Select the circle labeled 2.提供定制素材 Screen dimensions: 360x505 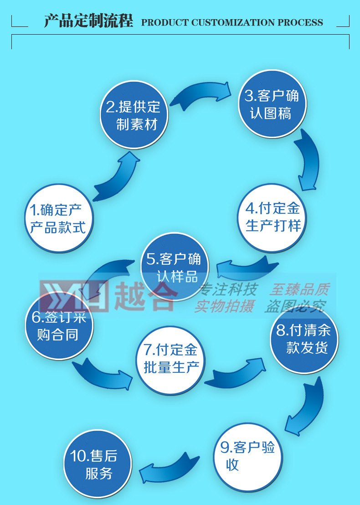(134, 114)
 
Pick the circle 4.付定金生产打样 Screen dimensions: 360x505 (273, 217)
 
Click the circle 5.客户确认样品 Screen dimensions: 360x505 (174, 267)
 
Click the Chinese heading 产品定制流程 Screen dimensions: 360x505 (88, 21)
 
